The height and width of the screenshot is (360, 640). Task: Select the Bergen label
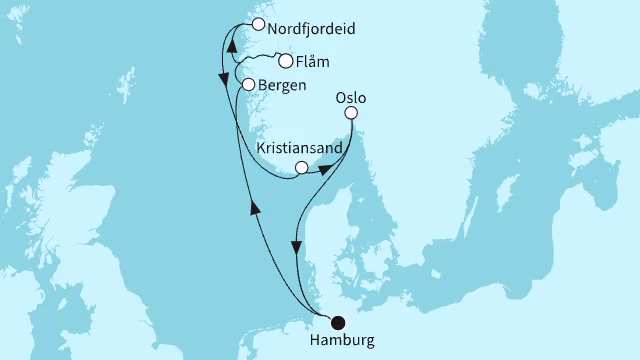coord(282,86)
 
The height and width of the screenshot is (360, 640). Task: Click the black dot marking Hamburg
coord(338,322)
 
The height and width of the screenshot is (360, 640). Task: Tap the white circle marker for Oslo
coord(351,115)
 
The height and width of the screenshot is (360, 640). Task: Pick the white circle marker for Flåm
coord(285,61)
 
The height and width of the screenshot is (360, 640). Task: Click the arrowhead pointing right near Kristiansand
coord(325,170)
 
